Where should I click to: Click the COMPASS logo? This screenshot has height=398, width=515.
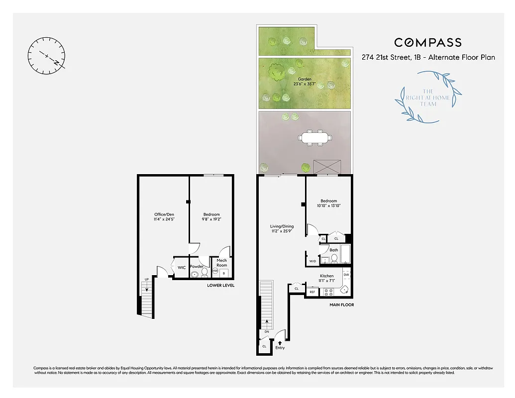point(428,43)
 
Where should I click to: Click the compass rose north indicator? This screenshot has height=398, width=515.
point(47,56)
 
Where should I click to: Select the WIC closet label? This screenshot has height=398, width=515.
point(182,268)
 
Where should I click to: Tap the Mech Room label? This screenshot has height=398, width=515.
point(221,263)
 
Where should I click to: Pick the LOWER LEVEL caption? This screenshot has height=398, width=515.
point(221,286)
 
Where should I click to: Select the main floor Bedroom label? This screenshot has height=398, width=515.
point(328,203)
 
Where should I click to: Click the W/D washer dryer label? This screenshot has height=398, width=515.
point(312,261)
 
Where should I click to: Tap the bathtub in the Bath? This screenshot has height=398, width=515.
point(346,255)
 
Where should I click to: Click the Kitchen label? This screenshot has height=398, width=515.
point(326,276)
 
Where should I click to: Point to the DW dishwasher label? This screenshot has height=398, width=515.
point(346,275)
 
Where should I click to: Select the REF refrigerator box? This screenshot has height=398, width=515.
point(312,292)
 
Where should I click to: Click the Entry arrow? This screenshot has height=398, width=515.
point(280,343)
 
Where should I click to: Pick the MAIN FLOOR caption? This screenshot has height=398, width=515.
point(342,304)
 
